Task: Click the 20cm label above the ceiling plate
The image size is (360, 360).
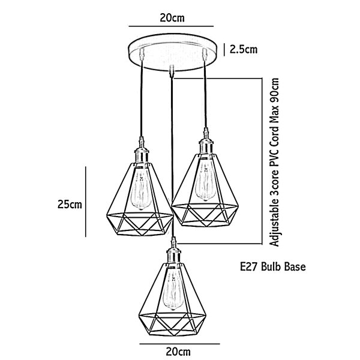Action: tap(172, 18)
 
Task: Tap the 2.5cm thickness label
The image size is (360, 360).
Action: tap(244, 50)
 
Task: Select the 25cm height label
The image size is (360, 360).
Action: tap(70, 205)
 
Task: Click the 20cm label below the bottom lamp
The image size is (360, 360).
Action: tap(178, 352)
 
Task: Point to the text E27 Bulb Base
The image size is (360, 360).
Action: tap(273, 267)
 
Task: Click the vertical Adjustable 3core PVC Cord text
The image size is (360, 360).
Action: tap(275, 163)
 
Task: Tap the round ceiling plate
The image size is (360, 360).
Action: tap(172, 52)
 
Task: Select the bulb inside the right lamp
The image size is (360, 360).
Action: tap(205, 181)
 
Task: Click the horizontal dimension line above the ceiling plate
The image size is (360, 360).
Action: tap(171, 26)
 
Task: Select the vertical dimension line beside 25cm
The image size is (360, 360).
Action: tap(86, 202)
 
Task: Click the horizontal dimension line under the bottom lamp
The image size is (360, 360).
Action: tap(180, 344)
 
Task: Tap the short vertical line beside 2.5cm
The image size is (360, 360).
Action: tap(224, 50)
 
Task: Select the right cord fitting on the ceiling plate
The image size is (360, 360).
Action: tap(205, 54)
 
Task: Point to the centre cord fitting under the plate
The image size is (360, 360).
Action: tap(170, 71)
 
